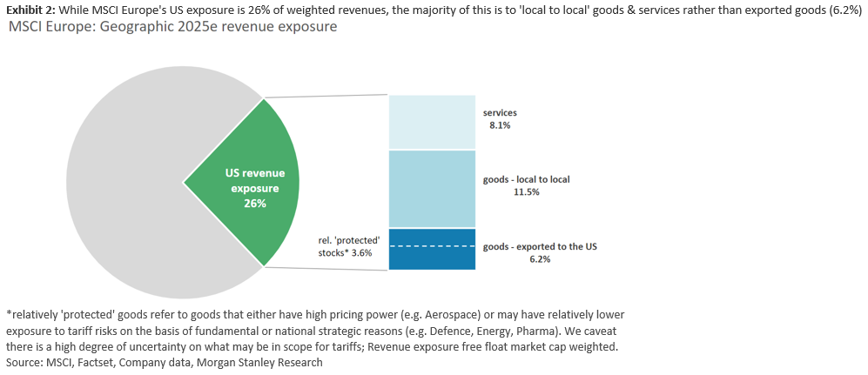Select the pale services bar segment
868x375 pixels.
432,122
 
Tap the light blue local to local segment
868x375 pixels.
432,189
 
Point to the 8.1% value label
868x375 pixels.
500,125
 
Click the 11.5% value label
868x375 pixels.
527,191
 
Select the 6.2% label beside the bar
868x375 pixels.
539,259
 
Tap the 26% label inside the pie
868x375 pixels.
255,203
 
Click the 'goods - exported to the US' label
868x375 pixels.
540,247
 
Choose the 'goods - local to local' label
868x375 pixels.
527,179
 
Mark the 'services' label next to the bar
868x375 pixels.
500,113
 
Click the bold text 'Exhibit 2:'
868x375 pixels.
30,9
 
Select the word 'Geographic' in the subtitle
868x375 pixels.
135,27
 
